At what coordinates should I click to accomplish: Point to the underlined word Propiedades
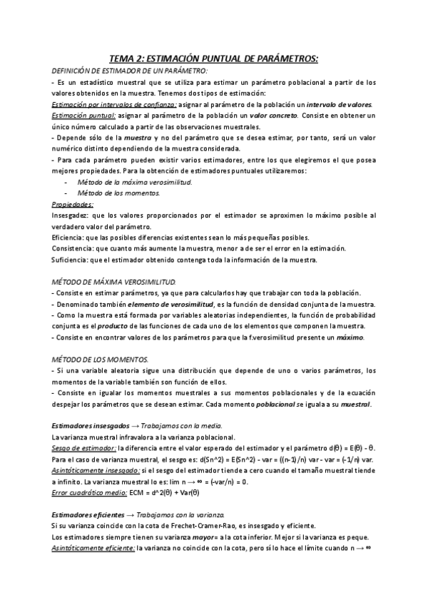[x=73, y=204]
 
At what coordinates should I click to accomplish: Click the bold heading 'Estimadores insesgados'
[x=93, y=425]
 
